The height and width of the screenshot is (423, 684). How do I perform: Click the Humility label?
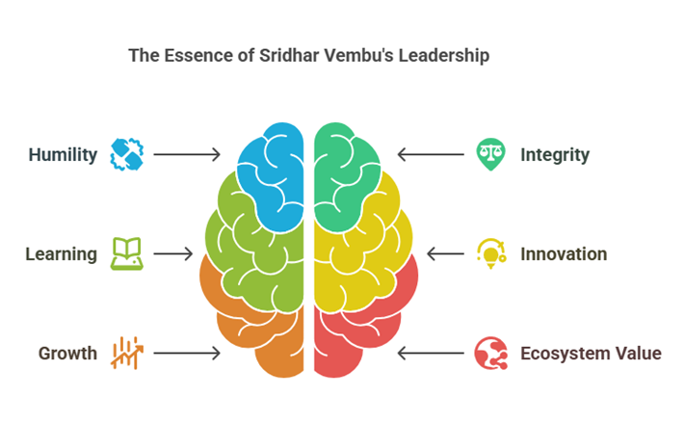[63, 154]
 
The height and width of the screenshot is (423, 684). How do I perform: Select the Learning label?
[61, 254]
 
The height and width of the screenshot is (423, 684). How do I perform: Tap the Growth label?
[67, 354]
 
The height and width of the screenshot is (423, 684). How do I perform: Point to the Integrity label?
[555, 154]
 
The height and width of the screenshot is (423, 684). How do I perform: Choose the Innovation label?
[564, 254]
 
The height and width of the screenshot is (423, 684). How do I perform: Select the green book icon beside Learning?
[126, 253]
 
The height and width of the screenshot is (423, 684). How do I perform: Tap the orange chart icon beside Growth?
[126, 353]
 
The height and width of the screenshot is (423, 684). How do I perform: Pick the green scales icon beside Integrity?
[490, 154]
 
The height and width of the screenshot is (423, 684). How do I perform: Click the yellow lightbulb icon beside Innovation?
[490, 253]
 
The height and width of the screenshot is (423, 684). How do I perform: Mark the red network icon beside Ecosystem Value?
[490, 354]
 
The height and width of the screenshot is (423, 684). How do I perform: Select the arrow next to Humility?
[187, 154]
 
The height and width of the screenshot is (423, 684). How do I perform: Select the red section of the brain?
[366, 328]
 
